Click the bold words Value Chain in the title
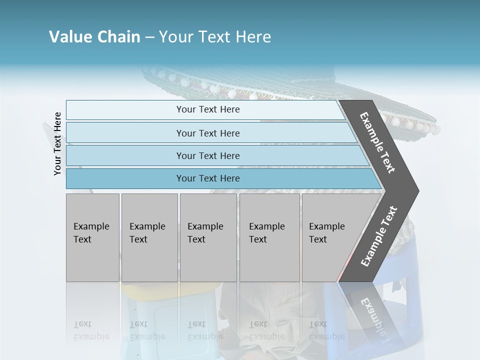[94, 37]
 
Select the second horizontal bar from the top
[208, 133]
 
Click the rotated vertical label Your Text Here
[57, 143]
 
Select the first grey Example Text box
[92, 237]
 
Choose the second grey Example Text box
[149, 237]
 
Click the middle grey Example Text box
[208, 237]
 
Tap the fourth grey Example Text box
[269, 237]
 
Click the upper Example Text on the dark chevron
[377, 142]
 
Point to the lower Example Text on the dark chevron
[379, 236]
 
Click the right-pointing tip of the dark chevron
[416, 190]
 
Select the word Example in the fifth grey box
[327, 226]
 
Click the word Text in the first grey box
[82, 239]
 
